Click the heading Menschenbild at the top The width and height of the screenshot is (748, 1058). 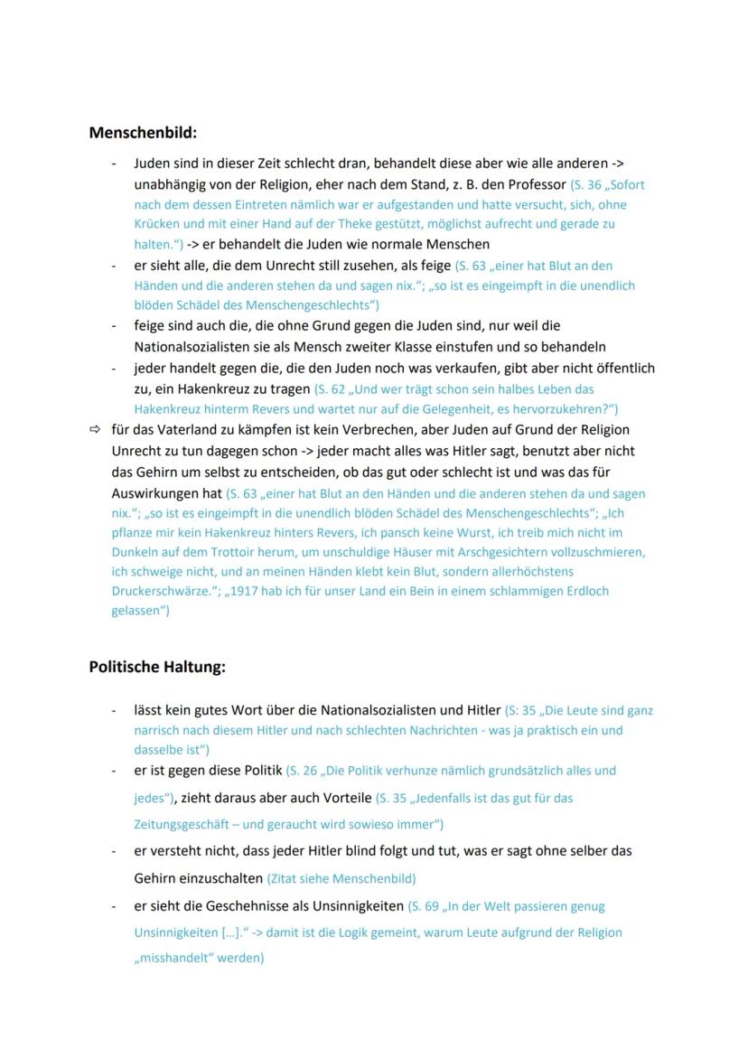[143, 133]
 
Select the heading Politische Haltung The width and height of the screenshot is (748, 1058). [157, 668]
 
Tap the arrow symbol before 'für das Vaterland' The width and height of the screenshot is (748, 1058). [96, 429]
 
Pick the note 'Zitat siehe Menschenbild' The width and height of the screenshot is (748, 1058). [341, 878]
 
